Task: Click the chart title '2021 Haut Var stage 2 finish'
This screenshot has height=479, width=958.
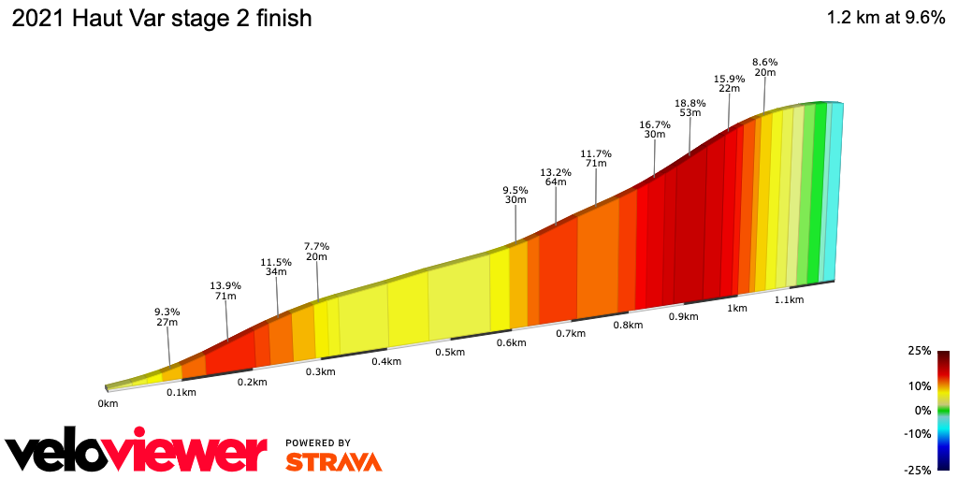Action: pyautogui.click(x=161, y=19)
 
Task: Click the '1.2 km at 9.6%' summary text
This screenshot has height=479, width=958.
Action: pyautogui.click(x=885, y=19)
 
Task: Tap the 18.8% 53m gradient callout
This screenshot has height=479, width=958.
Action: pyautogui.click(x=690, y=106)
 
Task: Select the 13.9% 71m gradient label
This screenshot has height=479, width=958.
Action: pyautogui.click(x=225, y=290)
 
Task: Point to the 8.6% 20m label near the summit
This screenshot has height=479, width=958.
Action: pyautogui.click(x=765, y=66)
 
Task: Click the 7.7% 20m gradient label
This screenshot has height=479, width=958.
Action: pyautogui.click(x=316, y=252)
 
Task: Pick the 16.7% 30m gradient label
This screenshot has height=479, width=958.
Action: pyautogui.click(x=655, y=129)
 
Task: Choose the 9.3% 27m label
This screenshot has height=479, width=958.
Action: pyautogui.click(x=167, y=316)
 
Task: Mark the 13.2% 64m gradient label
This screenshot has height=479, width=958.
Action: pyautogui.click(x=556, y=177)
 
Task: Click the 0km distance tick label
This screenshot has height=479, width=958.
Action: pyautogui.click(x=108, y=404)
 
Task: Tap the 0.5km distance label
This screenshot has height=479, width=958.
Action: pyautogui.click(x=450, y=352)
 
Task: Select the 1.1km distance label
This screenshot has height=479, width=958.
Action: pyautogui.click(x=790, y=299)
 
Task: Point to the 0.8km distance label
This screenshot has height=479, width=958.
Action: pyautogui.click(x=628, y=325)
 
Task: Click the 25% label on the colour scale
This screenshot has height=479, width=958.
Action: pyautogui.click(x=919, y=351)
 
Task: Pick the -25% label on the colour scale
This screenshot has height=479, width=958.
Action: pyautogui.click(x=917, y=469)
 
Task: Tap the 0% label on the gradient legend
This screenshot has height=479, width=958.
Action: pyautogui.click(x=922, y=410)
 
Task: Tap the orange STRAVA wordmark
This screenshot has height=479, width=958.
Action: pyautogui.click(x=333, y=461)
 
